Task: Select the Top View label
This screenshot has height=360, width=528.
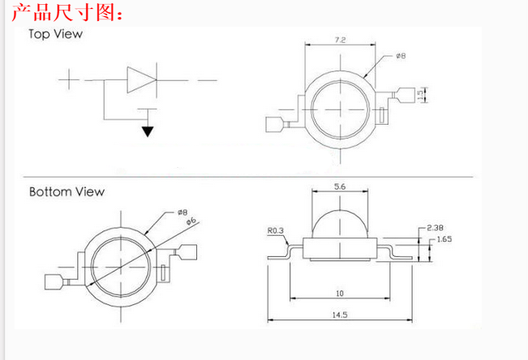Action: coord(55,35)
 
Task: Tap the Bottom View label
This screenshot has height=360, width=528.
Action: coord(67,192)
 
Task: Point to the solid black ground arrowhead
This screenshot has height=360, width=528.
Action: coord(148,131)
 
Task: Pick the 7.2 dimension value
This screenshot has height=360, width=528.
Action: coord(341,38)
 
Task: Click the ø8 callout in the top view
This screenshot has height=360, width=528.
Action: coord(401,57)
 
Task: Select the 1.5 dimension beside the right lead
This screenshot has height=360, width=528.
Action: coord(420,95)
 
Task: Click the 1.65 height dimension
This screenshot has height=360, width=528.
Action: coord(445,240)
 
